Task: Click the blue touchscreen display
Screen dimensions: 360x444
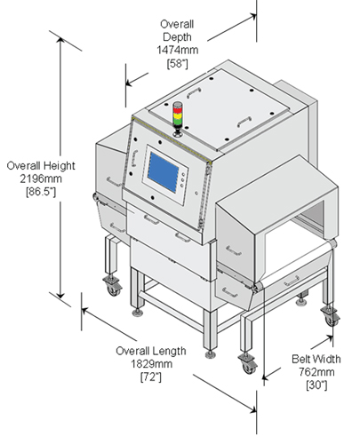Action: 163,172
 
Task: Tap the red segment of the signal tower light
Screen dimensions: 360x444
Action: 178,110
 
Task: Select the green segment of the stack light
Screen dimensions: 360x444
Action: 178,122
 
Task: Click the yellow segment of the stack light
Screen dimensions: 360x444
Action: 178,115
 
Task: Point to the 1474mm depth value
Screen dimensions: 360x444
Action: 178,50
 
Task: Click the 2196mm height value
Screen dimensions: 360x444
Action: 41,178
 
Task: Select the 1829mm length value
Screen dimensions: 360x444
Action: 151,363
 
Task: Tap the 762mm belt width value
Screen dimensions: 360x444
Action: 316,372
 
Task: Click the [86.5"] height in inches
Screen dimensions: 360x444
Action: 41,192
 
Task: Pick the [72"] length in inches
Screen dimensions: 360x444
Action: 151,377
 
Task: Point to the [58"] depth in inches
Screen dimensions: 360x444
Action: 178,63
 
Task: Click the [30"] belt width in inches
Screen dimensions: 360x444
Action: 316,385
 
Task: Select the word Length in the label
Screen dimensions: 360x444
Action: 168,351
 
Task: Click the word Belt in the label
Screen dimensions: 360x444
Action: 300,359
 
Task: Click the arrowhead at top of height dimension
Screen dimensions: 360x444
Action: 60,41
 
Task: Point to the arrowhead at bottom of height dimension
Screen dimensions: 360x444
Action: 60,294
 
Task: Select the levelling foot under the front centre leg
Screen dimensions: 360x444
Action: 210,354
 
